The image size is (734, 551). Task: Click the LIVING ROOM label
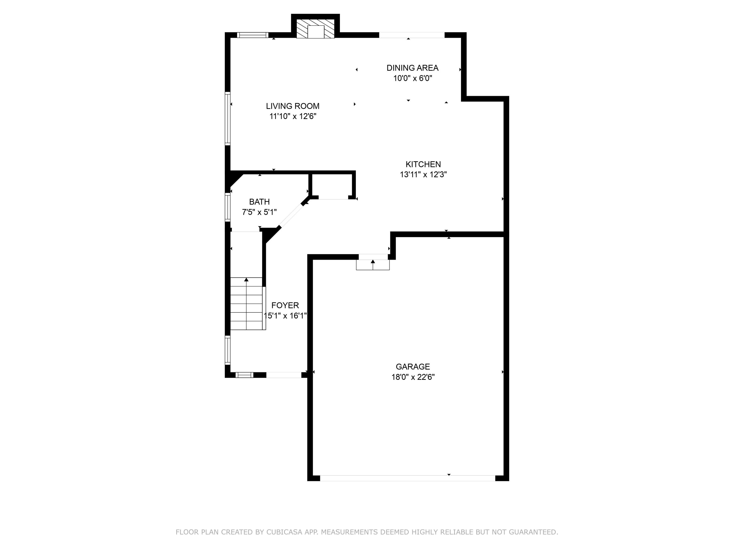pos(292,106)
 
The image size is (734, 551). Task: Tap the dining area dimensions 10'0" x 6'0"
pos(413,78)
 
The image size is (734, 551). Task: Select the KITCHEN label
pos(423,164)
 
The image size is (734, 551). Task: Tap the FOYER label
pos(285,305)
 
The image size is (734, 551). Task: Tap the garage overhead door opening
pos(407,478)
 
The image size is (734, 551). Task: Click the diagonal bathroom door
pos(291,216)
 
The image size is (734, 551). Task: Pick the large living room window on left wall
pos(228,118)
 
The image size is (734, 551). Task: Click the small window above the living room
pos(252,35)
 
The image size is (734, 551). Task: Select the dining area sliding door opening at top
pos(412,35)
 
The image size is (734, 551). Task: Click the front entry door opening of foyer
pos(284,375)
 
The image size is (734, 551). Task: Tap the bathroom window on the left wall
pos(228,208)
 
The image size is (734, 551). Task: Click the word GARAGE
pos(413,367)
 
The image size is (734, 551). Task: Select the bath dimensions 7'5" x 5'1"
pos(259,212)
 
